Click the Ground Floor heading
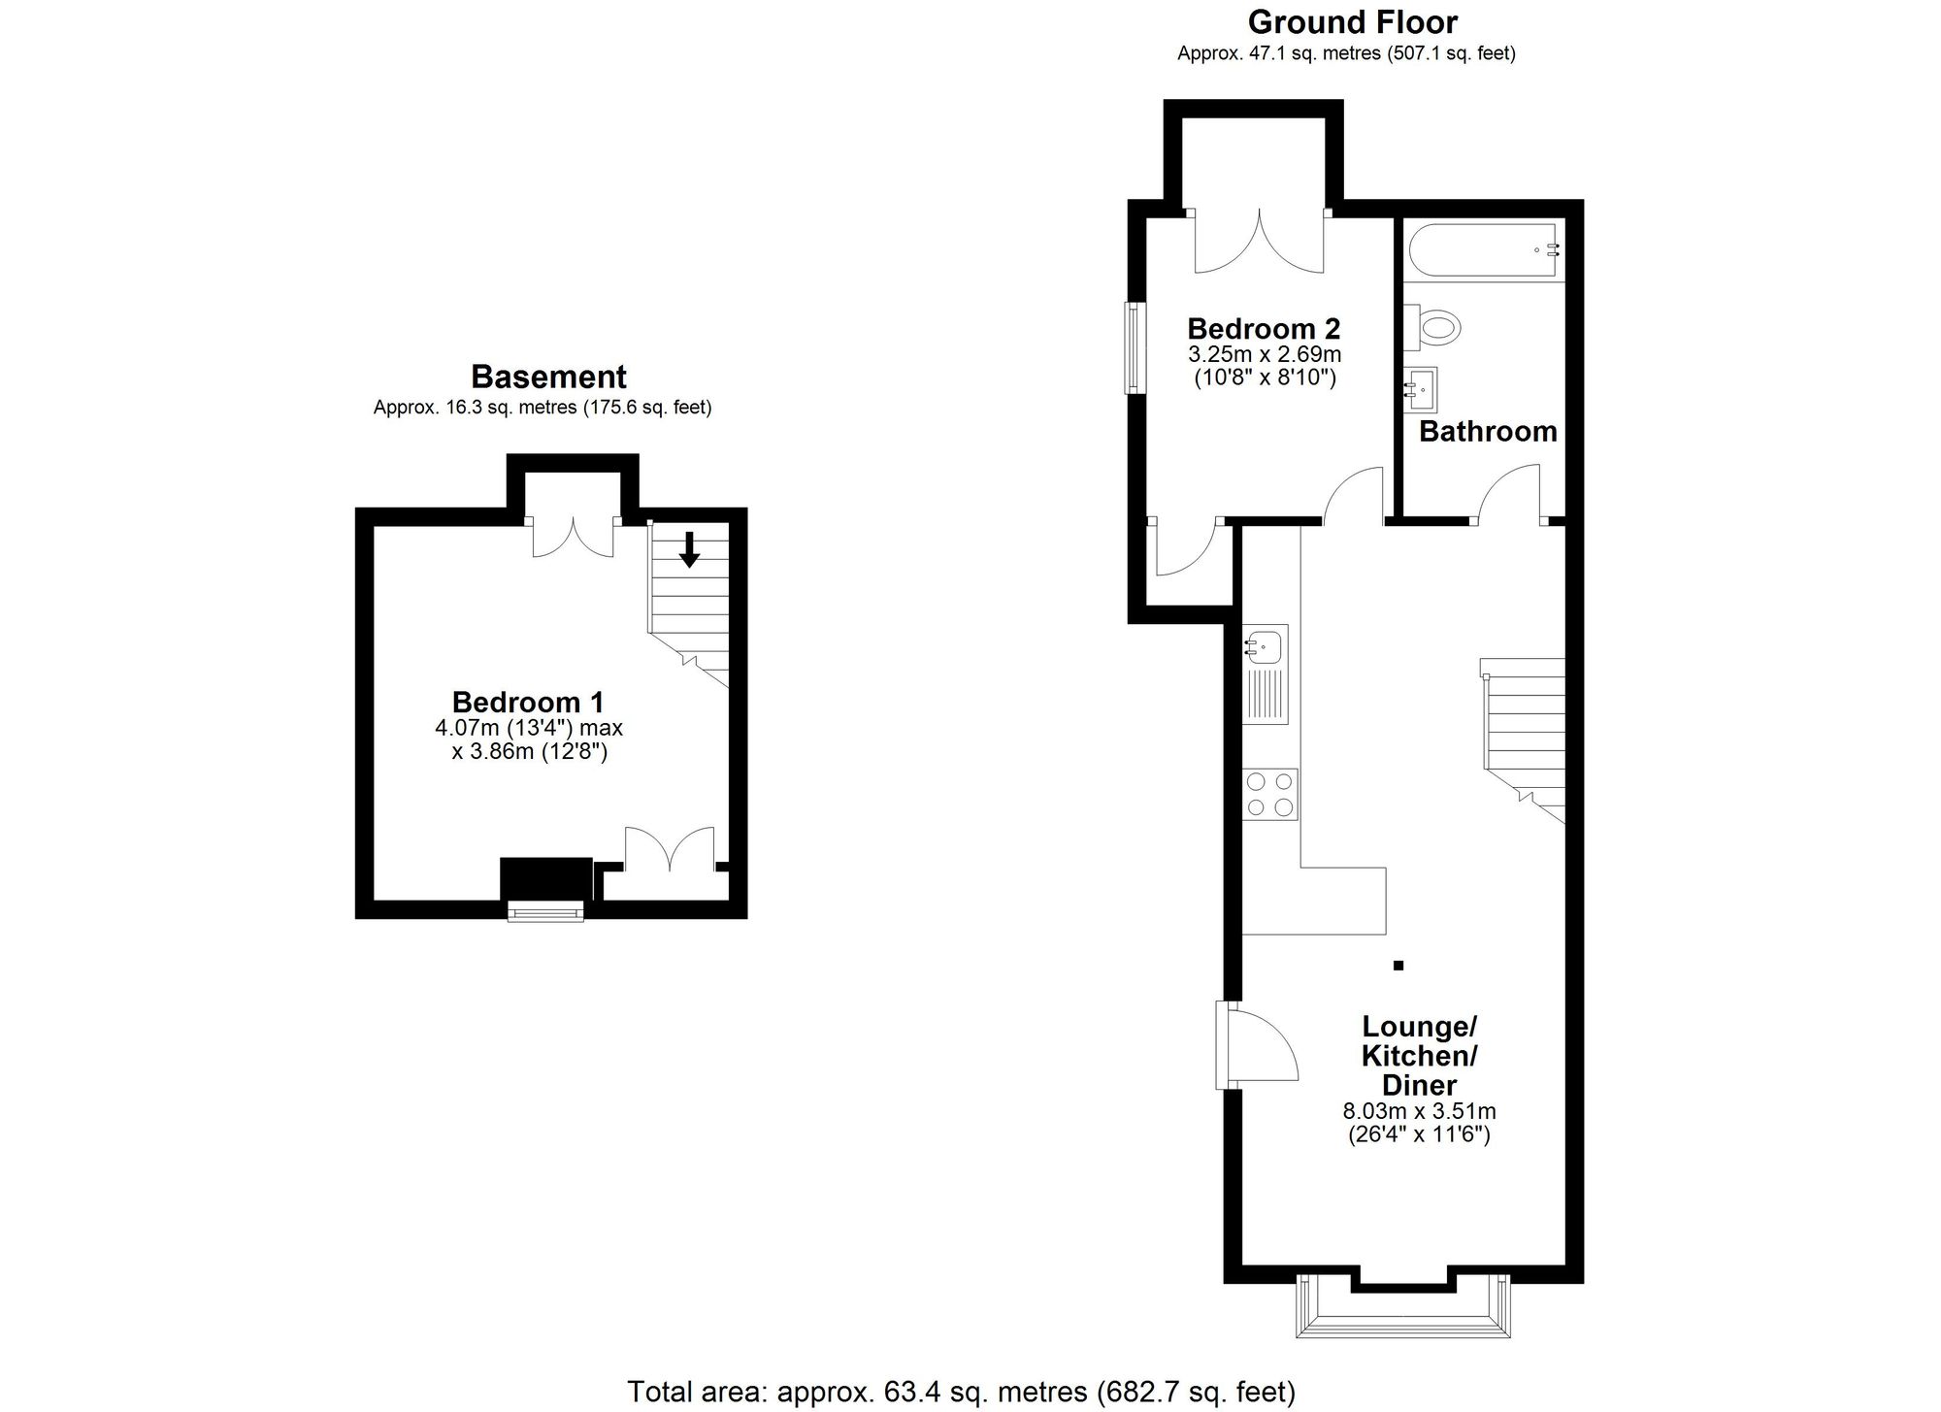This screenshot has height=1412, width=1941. (1353, 21)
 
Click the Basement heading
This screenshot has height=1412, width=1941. (548, 377)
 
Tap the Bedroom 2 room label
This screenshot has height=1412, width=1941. (1264, 328)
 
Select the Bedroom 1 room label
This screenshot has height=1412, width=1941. (528, 702)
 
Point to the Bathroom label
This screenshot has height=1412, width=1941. (1487, 431)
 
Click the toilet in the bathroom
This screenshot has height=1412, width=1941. (1436, 326)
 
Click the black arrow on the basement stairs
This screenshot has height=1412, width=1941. (689, 549)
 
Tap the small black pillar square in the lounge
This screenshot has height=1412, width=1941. (1398, 965)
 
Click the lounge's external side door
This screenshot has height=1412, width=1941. (1252, 1047)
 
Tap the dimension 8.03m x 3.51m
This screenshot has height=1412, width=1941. (1418, 1111)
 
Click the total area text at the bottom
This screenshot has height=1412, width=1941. (961, 1392)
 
